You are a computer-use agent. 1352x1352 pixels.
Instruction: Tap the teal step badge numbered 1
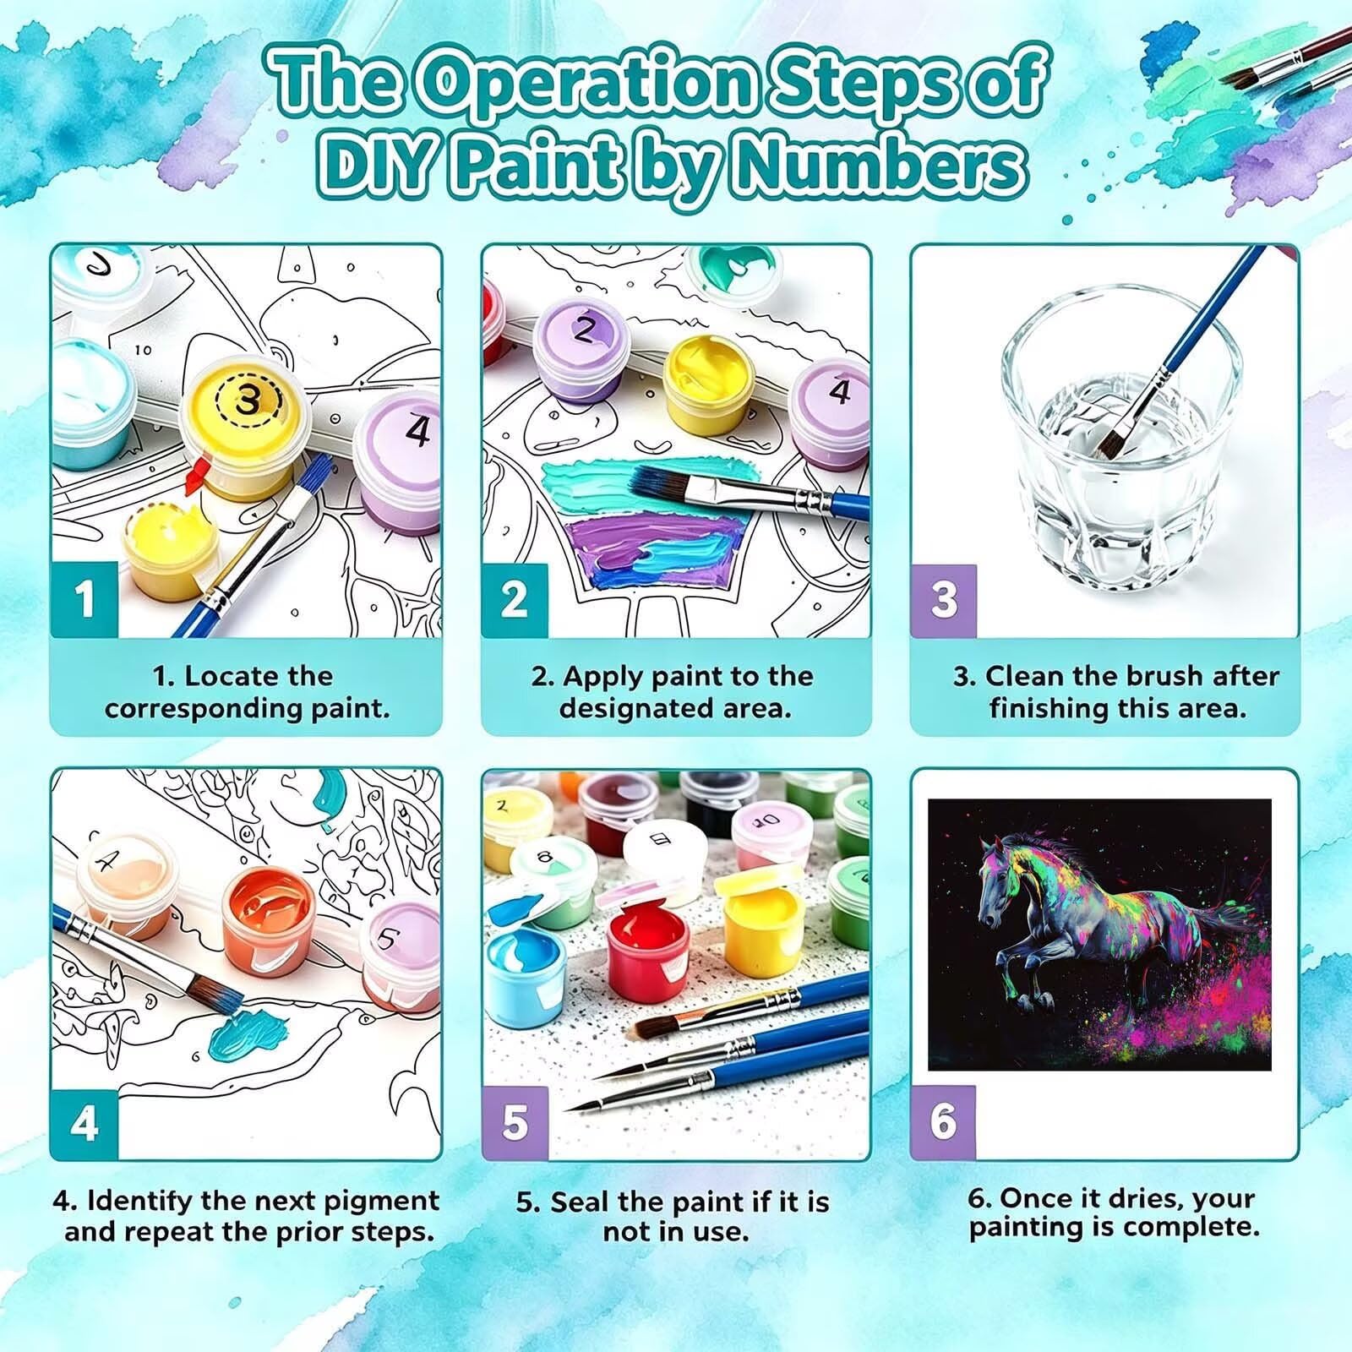pos(84,599)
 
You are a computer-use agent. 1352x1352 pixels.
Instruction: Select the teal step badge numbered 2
pos(515,599)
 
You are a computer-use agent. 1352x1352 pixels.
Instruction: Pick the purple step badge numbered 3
pos(944,599)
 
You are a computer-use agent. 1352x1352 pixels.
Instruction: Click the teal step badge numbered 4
pos(84,1123)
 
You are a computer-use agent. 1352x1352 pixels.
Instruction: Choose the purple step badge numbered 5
pos(515,1123)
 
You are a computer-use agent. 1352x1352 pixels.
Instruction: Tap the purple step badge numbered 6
pos(943,1123)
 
